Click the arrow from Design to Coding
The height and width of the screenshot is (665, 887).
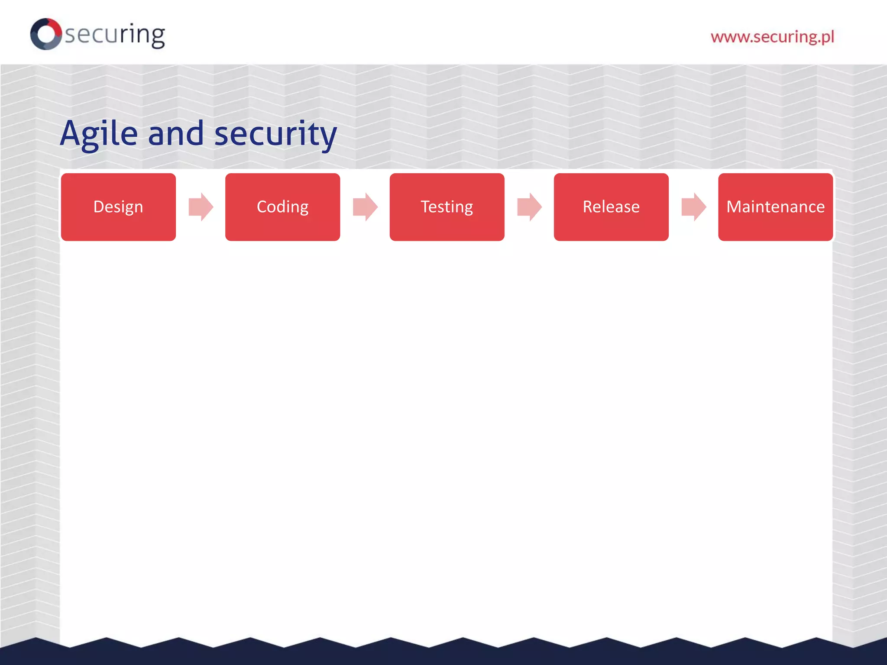pos(201,207)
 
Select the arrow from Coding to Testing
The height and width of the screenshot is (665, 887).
pos(365,207)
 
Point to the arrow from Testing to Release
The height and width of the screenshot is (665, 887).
pos(529,207)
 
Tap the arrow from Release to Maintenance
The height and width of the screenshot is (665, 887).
pos(694,207)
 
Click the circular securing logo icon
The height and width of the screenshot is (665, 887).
pos(46,34)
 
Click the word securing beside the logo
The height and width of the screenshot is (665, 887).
pos(115,35)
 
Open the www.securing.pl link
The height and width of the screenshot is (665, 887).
pos(772,37)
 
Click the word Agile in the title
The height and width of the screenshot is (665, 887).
pos(99,133)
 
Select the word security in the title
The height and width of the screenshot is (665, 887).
pos(275,133)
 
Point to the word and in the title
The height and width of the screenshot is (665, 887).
pos(176,133)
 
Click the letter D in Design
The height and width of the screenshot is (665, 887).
pos(98,207)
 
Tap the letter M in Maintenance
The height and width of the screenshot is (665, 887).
pos(735,207)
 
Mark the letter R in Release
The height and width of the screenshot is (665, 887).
pos(588,207)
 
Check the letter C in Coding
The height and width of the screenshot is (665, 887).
pos(262,207)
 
